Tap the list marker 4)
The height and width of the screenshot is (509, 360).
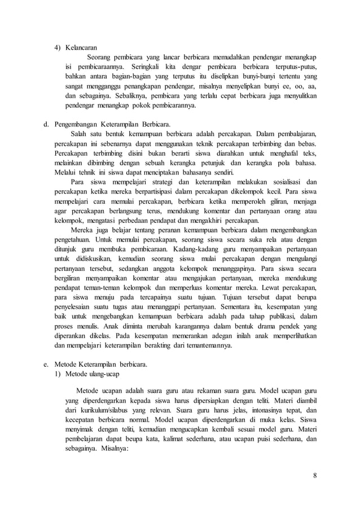point(57,47)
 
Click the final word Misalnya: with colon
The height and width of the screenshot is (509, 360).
point(113,449)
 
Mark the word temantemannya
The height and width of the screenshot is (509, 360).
point(206,345)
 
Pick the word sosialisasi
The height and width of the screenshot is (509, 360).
point(283,182)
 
